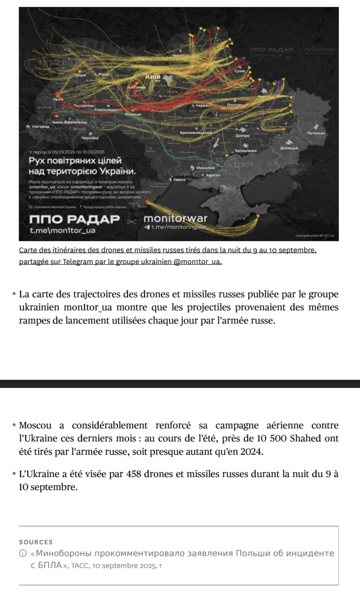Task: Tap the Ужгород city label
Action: coord(39,126)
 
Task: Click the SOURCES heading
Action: coord(36,542)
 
